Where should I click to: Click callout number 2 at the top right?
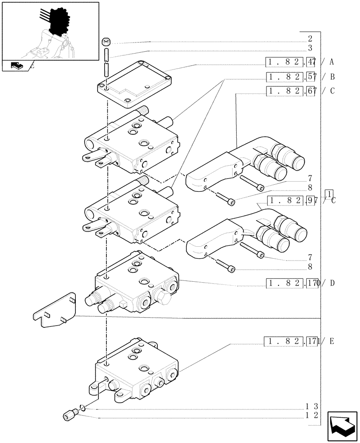click(x=310, y=39)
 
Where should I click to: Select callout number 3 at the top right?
click(x=310, y=48)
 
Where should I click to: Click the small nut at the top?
click(x=106, y=43)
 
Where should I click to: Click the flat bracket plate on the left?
click(x=55, y=311)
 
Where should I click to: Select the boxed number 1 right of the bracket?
click(x=329, y=193)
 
